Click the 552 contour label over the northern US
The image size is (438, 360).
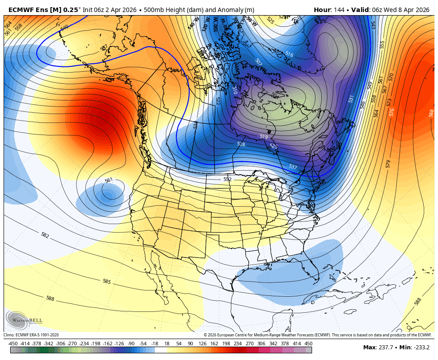tap(227, 179)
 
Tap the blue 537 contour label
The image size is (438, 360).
tap(293, 167)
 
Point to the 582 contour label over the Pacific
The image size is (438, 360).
tap(45, 235)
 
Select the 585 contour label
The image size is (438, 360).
tap(107, 282)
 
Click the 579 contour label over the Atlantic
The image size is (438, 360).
tap(388, 164)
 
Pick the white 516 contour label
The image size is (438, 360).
tap(289, 54)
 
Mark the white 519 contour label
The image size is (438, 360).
tap(264, 137)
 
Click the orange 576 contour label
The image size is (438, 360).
tap(392, 112)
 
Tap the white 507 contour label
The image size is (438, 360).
tap(258, 62)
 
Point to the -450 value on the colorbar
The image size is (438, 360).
tap(13, 344)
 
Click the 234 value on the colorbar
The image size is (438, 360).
tap(237, 344)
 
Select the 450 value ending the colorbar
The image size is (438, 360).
tap(308, 344)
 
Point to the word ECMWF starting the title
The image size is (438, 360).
tap(20, 10)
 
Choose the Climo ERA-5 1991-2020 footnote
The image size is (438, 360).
tap(31, 335)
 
